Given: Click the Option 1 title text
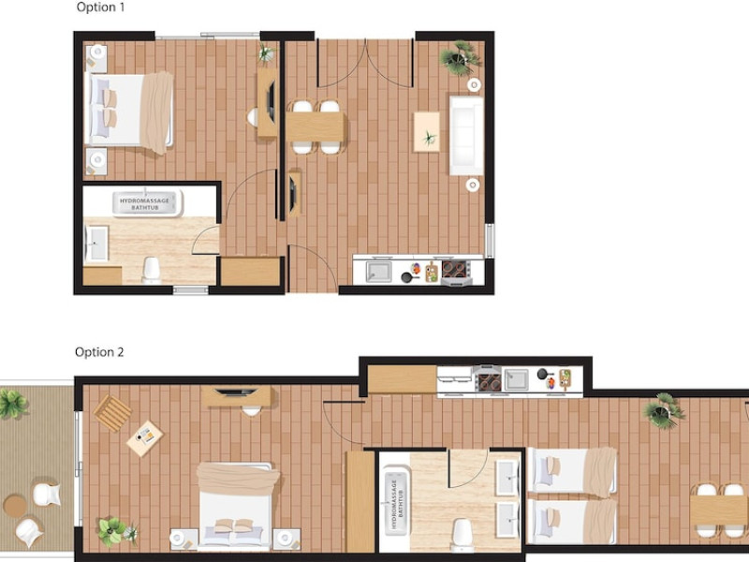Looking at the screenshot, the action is (x=100, y=7).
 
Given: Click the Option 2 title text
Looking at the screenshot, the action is (x=99, y=352).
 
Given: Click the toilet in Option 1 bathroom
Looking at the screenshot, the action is (x=152, y=271).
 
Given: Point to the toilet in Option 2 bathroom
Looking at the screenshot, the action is (x=462, y=533).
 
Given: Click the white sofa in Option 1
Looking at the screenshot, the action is (x=466, y=135).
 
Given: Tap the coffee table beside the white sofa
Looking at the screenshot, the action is (x=427, y=132).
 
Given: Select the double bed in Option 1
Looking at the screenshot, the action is (x=129, y=110).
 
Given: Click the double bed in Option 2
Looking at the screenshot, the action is (x=238, y=505).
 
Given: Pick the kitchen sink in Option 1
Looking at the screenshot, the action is (x=379, y=272).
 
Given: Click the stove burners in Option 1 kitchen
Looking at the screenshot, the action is (x=455, y=270).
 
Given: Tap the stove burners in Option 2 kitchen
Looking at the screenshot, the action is (x=490, y=382).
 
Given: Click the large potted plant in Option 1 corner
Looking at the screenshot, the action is (x=460, y=58).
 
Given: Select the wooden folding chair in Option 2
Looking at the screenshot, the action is (x=112, y=412).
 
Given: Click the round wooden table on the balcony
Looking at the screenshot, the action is (x=15, y=506).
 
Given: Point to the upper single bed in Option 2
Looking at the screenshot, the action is (x=573, y=470).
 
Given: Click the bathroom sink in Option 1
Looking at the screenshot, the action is (x=96, y=244).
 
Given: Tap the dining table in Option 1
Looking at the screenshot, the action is (x=316, y=126).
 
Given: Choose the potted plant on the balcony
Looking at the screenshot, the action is (x=12, y=404).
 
